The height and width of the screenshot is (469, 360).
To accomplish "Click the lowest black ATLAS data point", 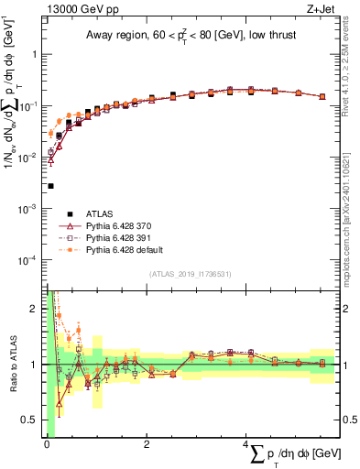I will pos(50,186).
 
